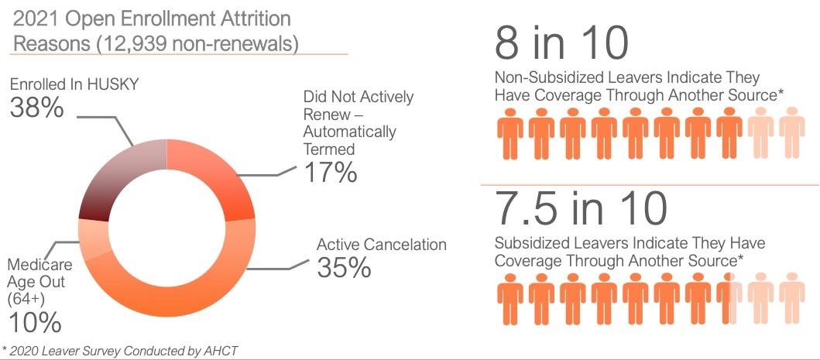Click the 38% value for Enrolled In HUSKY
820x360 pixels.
point(36,108)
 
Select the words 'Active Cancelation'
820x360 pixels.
point(382,245)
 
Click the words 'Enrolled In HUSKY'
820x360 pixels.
point(74,84)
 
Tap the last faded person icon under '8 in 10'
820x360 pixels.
point(792,132)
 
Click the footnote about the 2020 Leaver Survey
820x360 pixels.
point(120,351)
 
